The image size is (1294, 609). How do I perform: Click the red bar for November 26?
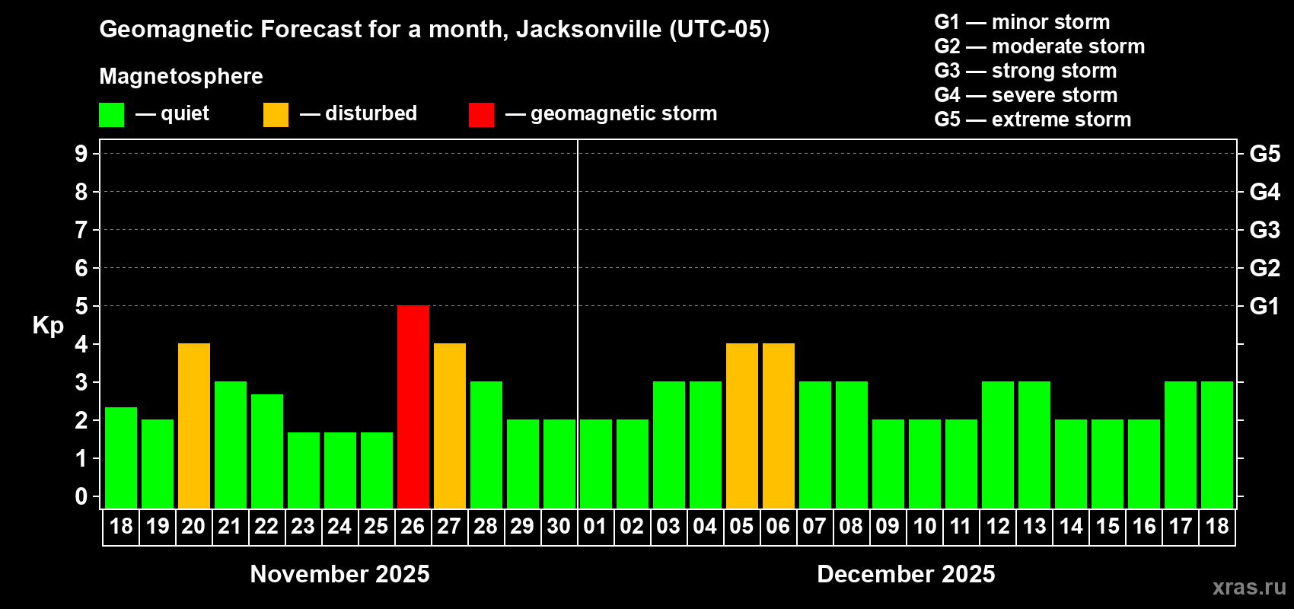click(413, 407)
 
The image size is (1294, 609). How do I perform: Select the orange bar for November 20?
click(194, 426)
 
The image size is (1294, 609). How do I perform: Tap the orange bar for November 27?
click(450, 426)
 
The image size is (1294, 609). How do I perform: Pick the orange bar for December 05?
click(742, 426)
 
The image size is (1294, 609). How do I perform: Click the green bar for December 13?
click(1034, 445)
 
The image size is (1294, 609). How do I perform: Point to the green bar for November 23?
click(304, 470)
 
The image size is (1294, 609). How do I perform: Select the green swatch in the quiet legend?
click(112, 115)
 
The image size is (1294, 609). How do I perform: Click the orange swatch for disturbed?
click(276, 115)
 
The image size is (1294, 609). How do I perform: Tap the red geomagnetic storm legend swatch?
click(481, 115)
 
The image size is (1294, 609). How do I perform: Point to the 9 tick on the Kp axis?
click(81, 154)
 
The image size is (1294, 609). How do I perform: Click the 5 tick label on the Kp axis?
click(81, 306)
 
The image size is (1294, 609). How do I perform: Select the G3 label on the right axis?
click(1264, 230)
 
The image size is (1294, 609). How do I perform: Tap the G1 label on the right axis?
click(1264, 306)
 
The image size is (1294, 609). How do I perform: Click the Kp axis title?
click(48, 325)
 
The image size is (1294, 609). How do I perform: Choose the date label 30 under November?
click(559, 526)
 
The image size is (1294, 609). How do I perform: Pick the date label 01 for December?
click(595, 526)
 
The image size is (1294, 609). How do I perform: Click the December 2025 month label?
click(906, 574)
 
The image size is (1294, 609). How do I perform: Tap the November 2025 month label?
click(339, 574)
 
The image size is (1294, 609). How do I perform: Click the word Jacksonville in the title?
click(588, 30)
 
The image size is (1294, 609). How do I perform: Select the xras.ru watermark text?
click(1249, 587)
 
